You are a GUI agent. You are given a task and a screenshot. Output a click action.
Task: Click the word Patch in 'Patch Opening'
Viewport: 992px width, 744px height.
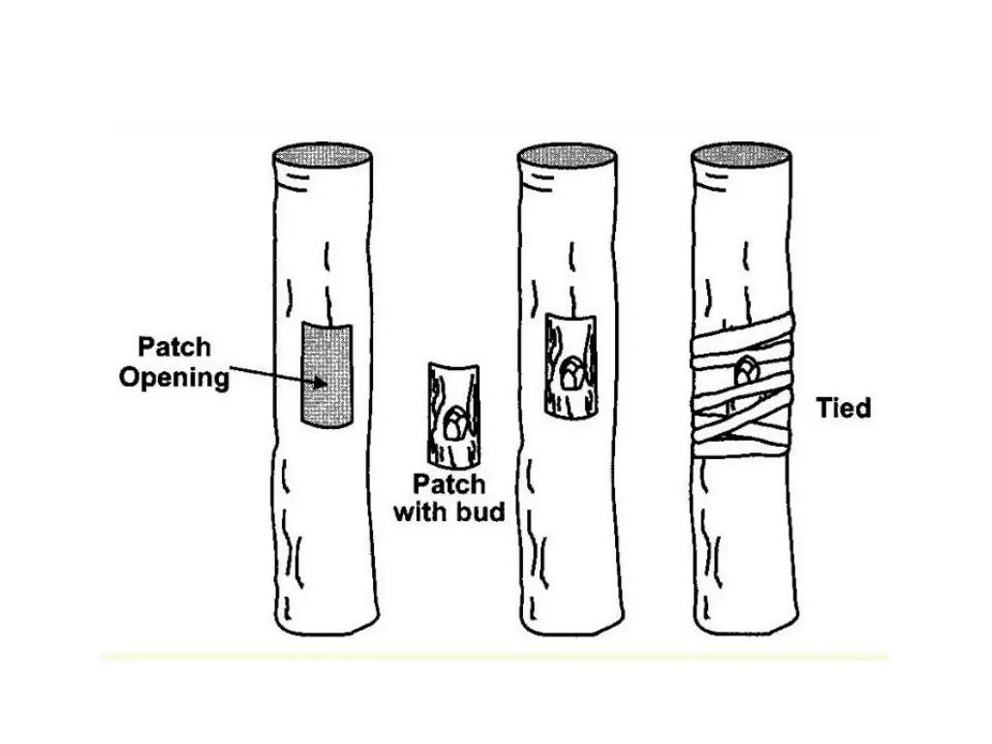click(x=174, y=347)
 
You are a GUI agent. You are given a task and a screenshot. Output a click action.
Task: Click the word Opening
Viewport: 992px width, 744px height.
click(x=174, y=377)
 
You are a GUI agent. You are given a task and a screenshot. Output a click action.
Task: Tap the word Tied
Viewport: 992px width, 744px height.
click(x=843, y=408)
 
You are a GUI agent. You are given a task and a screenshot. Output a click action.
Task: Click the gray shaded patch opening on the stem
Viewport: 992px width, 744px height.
click(x=327, y=375)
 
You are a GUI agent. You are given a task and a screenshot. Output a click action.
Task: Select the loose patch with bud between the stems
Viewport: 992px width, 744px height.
click(x=450, y=415)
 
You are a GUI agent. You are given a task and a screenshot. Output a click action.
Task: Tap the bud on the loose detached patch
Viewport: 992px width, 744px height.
click(x=453, y=424)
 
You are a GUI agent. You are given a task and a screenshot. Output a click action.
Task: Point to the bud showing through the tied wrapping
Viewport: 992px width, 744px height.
click(x=746, y=371)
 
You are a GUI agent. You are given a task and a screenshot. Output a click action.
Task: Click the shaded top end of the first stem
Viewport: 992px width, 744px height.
click(x=324, y=155)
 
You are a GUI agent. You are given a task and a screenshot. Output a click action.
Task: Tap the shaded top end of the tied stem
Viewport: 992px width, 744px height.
click(x=742, y=155)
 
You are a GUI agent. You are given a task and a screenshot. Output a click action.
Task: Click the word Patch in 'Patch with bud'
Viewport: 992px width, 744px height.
click(x=449, y=483)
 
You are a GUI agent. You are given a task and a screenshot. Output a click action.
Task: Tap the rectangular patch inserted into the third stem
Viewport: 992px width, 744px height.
click(x=570, y=366)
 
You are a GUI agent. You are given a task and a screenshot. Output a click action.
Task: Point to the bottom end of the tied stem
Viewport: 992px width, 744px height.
click(x=746, y=625)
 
